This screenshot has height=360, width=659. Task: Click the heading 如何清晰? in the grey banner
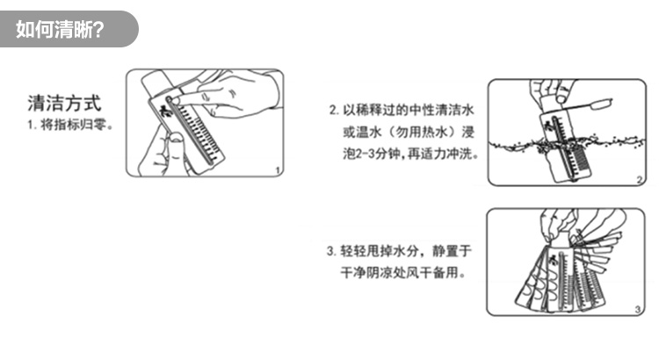[x=60, y=29]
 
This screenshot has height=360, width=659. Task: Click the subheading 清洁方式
[x=64, y=104]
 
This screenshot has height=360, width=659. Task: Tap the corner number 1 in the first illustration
[x=278, y=170]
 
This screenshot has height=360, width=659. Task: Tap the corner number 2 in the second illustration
[x=640, y=180]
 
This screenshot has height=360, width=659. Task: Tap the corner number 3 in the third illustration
[x=638, y=310]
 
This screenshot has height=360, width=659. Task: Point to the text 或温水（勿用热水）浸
[x=409, y=133]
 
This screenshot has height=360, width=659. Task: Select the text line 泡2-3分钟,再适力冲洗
[x=411, y=155]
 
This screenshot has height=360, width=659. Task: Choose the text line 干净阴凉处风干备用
[x=403, y=273]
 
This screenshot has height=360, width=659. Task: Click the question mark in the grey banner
[x=98, y=29]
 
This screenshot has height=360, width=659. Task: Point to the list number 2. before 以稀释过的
[x=334, y=111]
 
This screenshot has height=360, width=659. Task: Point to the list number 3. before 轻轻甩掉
[x=331, y=251]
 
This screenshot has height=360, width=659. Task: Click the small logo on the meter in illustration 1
[x=164, y=112]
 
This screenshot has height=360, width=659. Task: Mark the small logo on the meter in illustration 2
[x=547, y=126]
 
